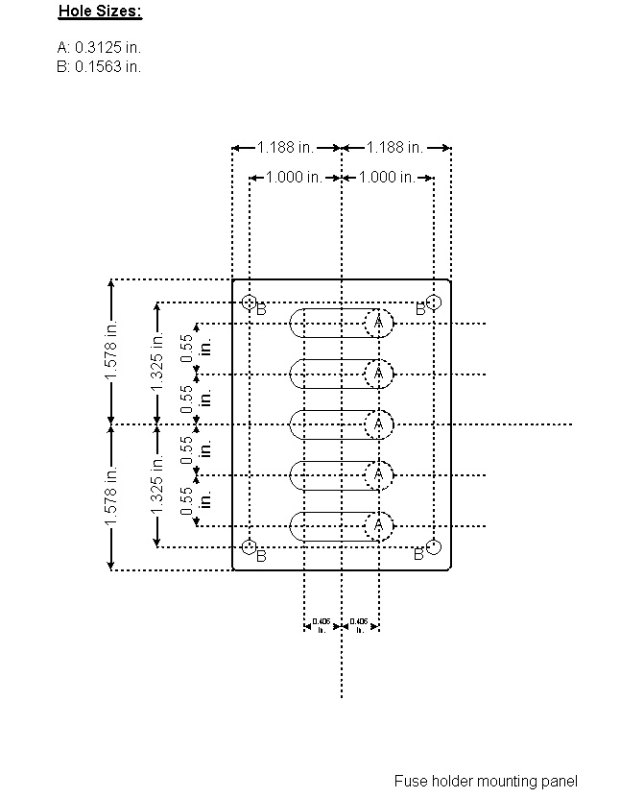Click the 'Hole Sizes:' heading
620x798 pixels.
click(100, 12)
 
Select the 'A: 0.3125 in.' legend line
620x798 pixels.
click(100, 47)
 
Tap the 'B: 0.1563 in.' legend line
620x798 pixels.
click(99, 66)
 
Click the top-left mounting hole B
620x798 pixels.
click(250, 302)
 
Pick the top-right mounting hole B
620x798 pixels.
click(434, 302)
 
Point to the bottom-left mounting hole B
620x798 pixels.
click(250, 547)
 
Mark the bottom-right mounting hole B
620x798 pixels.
click(434, 547)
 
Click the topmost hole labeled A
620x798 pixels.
click(379, 323)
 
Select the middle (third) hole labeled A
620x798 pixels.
click(379, 423)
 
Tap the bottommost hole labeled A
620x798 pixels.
click(379, 525)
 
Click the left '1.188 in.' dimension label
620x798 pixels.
click(286, 148)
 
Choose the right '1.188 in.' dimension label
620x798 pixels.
click(395, 148)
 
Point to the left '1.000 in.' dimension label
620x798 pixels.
click(295, 178)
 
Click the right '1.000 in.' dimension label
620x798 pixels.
click(387, 178)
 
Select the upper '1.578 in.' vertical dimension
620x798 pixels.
click(112, 351)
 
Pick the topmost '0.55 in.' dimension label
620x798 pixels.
click(195, 349)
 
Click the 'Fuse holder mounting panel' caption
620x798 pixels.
click(486, 782)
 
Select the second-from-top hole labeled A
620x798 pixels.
click(379, 373)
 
